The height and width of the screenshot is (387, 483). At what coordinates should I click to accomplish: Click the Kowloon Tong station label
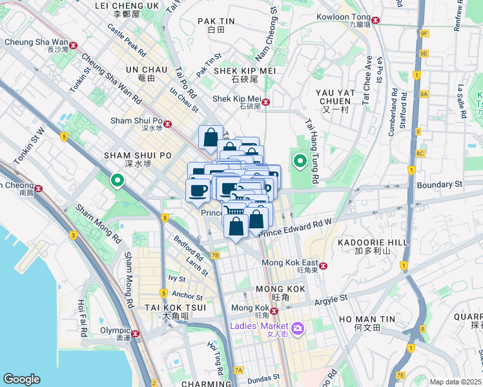point(343,17)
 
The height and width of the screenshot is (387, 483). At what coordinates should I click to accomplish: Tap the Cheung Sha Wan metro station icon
point(74,46)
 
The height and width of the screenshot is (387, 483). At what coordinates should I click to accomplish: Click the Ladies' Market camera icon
point(298,329)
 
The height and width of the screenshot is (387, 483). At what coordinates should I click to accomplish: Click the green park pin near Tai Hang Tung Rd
point(300,161)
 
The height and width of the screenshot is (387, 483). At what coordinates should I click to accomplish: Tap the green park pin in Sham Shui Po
point(117,180)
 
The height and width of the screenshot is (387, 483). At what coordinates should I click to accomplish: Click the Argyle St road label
point(331,299)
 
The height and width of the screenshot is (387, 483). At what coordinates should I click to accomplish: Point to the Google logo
point(21,379)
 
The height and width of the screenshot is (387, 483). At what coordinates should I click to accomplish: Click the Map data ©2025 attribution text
point(455,382)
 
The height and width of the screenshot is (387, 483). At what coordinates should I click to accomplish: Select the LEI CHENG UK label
point(127,5)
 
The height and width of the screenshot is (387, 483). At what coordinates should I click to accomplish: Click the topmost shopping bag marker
point(211,136)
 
